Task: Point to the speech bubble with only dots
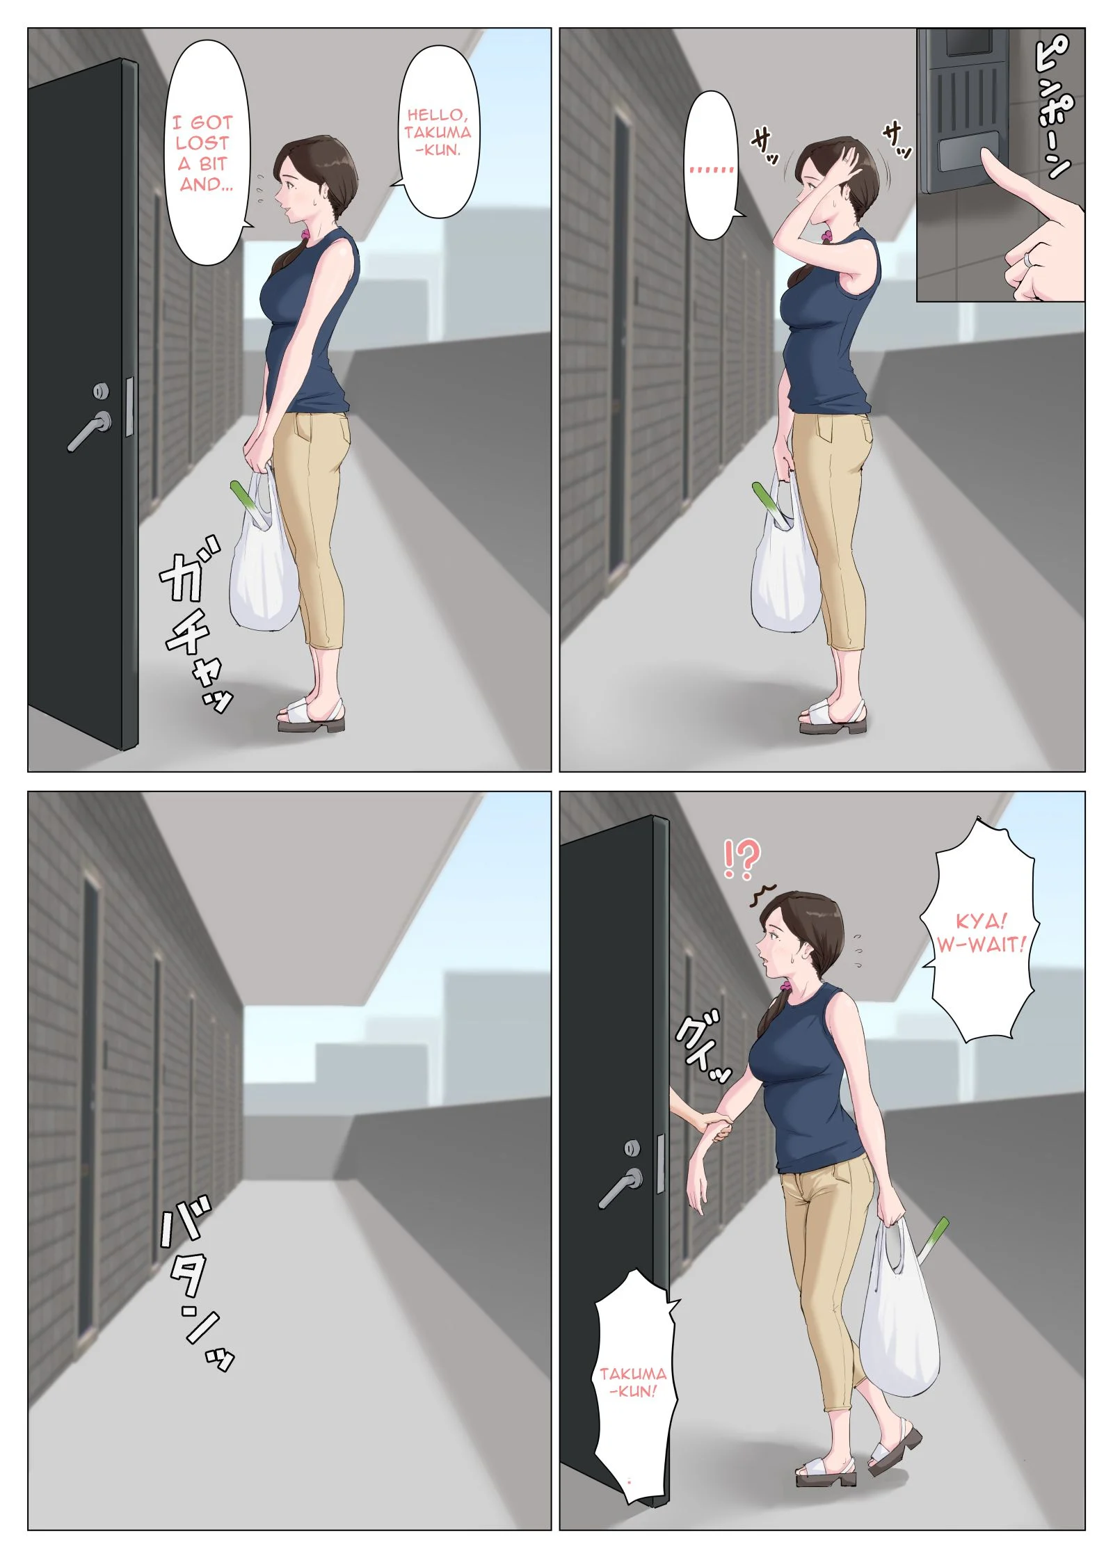[x=711, y=167]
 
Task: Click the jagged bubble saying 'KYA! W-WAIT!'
[x=981, y=932]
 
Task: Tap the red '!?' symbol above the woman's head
[x=742, y=858]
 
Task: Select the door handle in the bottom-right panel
[x=623, y=1187]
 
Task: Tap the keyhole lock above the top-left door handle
[x=101, y=392]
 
